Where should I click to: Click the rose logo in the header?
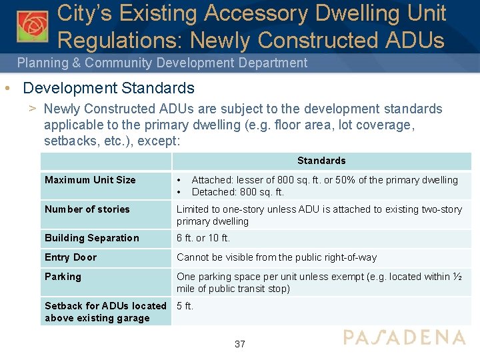[x=32, y=25]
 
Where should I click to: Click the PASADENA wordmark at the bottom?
[x=404, y=337]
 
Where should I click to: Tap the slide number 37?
[x=240, y=344]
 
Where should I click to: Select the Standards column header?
[x=321, y=161]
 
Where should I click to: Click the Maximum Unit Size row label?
[x=90, y=180]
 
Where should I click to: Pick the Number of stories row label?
[x=87, y=209]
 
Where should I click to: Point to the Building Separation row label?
[x=92, y=238]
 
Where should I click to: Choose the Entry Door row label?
[x=71, y=257]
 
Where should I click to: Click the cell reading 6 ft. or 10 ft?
[x=203, y=238]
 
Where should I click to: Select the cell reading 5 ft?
[x=185, y=306]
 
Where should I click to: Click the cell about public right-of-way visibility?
[x=277, y=257]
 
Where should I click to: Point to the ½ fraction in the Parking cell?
[x=459, y=277]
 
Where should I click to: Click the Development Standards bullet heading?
[x=108, y=88]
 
